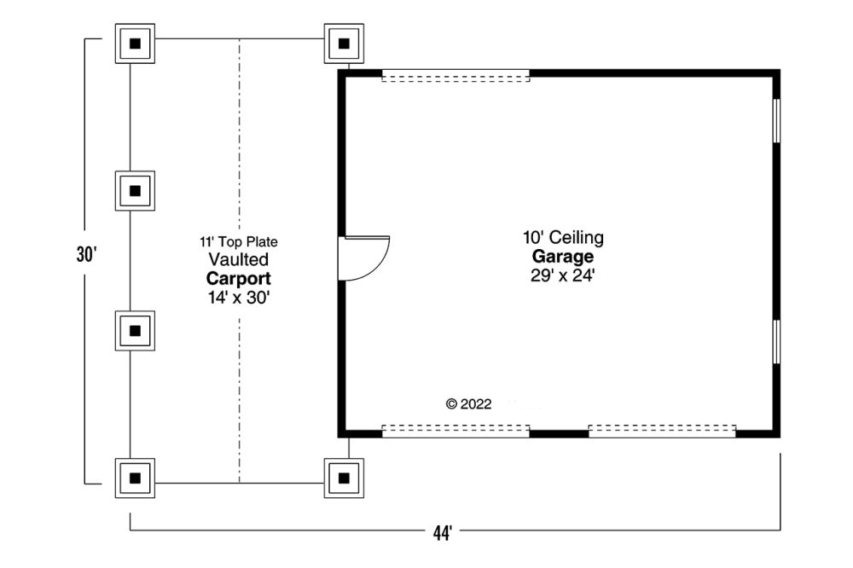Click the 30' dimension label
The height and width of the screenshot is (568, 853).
tap(86, 255)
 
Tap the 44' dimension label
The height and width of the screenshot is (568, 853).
tap(443, 533)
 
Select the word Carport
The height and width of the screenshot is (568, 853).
tap(238, 279)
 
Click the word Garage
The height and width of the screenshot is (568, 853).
tap(563, 256)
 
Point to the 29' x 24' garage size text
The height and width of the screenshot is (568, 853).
tap(563, 275)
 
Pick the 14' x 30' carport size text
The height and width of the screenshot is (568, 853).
tap(239, 298)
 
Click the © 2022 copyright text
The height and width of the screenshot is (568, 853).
tap(468, 404)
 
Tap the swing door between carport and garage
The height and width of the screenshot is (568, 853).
tap(363, 258)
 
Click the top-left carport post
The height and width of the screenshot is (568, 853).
tap(135, 43)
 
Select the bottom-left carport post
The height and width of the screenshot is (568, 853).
tap(135, 478)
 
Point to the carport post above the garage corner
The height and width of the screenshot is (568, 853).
tap(344, 43)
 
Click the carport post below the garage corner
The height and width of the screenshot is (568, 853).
tap(344, 478)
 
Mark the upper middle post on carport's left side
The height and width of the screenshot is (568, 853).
tap(135, 191)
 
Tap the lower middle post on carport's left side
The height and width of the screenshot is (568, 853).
tap(135, 331)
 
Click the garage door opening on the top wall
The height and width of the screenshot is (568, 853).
tap(456, 76)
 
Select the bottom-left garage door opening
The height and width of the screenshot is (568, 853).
tap(456, 431)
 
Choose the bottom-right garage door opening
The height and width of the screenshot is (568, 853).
tap(662, 431)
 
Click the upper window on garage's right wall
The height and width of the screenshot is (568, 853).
tap(777, 121)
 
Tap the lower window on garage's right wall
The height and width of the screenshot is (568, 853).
tap(777, 342)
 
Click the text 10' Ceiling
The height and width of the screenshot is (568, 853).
tap(563, 237)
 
